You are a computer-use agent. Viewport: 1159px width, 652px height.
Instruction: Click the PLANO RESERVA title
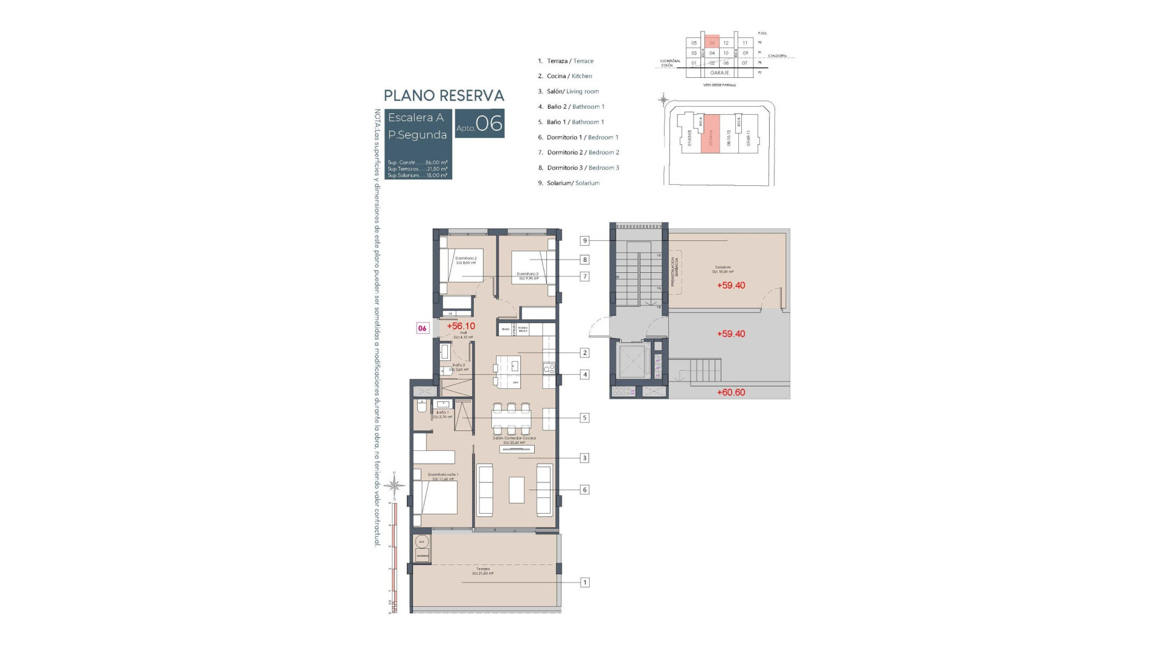444,95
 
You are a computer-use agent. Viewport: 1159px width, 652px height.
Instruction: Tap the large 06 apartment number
489,123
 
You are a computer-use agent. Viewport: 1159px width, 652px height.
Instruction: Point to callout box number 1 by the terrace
584,583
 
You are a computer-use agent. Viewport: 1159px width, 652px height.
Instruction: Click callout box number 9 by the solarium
584,241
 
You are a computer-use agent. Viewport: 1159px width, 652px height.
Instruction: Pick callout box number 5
584,418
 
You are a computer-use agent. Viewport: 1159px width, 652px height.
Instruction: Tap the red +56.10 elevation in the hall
461,326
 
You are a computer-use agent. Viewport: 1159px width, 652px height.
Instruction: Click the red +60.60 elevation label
730,392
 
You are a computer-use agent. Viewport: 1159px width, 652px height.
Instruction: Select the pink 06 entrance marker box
423,328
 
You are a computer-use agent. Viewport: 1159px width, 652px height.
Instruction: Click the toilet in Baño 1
422,405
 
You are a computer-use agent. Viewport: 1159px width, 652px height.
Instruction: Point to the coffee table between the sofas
516,490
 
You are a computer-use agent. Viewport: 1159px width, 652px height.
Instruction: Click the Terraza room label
482,569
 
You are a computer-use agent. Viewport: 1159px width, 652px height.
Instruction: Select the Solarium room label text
723,267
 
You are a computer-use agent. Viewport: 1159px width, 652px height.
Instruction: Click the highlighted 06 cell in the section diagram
712,43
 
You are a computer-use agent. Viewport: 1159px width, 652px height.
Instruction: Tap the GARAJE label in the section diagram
719,73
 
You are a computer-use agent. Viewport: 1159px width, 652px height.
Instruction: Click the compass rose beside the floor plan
395,485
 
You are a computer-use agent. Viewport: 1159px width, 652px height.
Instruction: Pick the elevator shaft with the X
630,363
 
